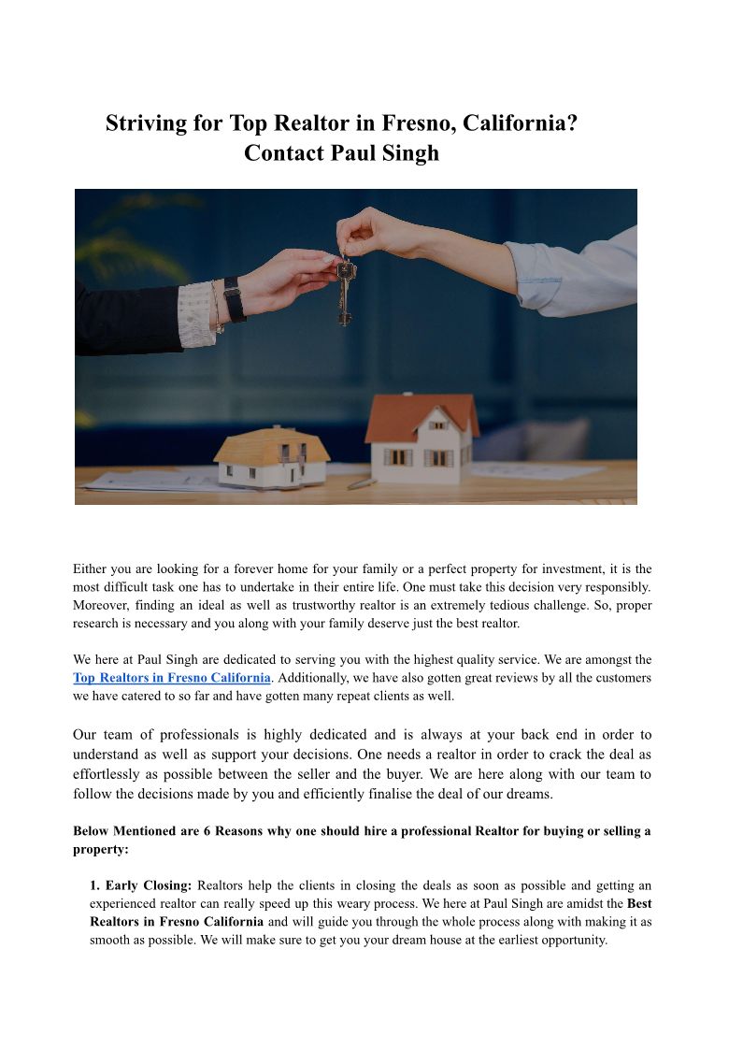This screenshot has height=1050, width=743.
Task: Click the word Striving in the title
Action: click(146, 123)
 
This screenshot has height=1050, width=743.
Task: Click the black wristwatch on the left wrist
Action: click(234, 300)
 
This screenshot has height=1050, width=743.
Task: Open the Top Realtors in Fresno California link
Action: click(172, 678)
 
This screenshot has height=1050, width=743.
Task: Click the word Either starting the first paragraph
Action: click(90, 568)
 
